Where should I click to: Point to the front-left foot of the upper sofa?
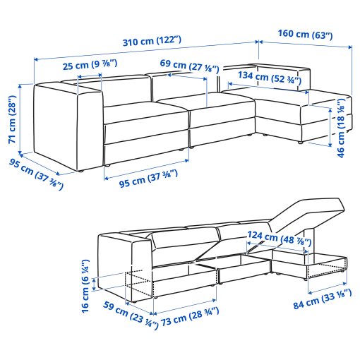[81, 172]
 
